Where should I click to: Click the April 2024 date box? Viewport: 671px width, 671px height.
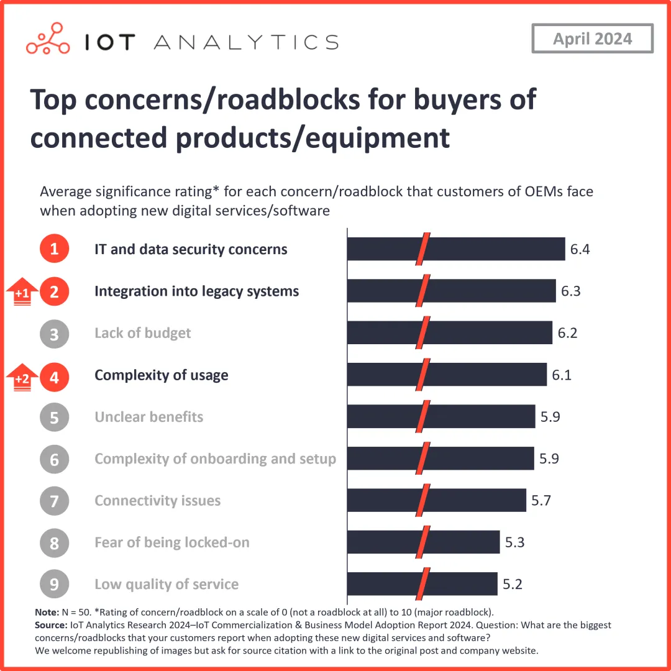coord(592,39)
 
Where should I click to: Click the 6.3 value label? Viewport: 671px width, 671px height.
coord(570,291)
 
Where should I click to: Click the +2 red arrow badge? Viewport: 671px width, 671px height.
coord(22,377)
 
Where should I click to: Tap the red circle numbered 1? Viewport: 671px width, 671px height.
coord(54,250)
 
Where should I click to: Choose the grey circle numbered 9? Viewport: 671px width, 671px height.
coord(54,584)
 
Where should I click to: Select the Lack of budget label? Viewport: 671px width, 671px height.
coord(142,333)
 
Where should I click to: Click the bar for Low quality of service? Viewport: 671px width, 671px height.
coord(422,584)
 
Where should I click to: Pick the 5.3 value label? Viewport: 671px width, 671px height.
coord(514,542)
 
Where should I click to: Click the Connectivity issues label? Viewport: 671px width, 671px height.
coord(157,501)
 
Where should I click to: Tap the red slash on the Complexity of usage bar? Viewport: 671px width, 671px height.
coord(423,375)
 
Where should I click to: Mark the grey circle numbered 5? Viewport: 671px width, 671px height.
coord(54,417)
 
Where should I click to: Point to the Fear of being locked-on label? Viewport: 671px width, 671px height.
coord(171,542)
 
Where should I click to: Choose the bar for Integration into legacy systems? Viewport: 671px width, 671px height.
coord(451,291)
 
